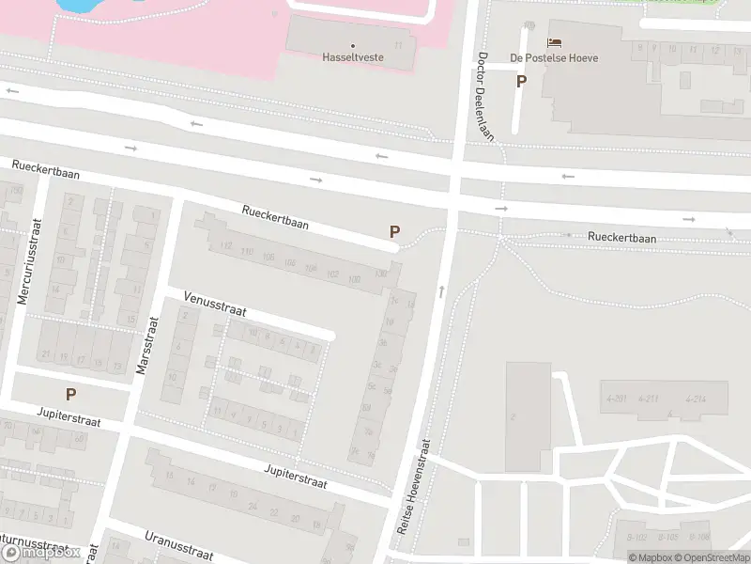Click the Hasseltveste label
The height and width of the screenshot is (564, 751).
(354, 57)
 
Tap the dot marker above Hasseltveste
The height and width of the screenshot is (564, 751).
(354, 44)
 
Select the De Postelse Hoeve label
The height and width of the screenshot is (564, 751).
(554, 57)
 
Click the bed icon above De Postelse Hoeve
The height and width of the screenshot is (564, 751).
(554, 42)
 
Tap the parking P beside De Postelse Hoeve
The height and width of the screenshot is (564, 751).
(521, 81)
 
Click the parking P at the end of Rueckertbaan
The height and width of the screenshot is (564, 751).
(394, 231)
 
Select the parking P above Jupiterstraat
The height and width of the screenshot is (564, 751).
(70, 394)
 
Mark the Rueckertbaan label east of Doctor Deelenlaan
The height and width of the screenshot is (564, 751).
(621, 238)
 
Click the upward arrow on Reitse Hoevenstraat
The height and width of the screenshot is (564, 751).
(441, 292)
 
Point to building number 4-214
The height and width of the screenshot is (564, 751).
(697, 399)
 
